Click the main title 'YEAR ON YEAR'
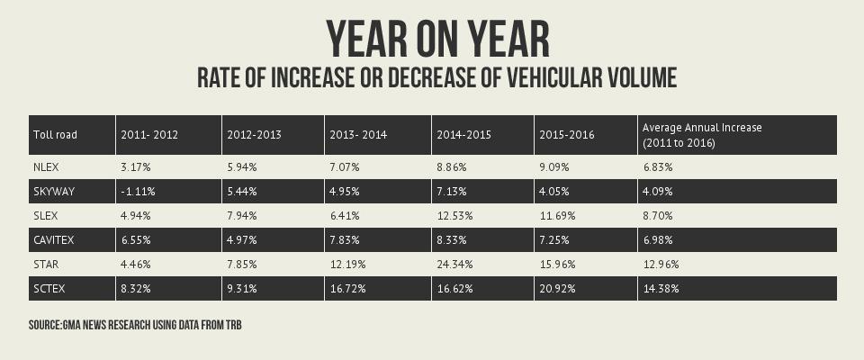pyautogui.click(x=436, y=40)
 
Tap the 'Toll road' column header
pyautogui.click(x=55, y=135)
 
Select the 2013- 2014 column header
pyautogui.click(x=359, y=135)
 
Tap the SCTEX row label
pyautogui.click(x=49, y=289)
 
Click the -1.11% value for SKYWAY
pyautogui.click(x=138, y=192)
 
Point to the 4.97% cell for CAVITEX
pyautogui.click(x=244, y=240)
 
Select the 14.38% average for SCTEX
pyautogui.click(x=661, y=289)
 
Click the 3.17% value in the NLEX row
pyautogui.click(x=135, y=167)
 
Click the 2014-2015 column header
pyautogui.click(x=463, y=135)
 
